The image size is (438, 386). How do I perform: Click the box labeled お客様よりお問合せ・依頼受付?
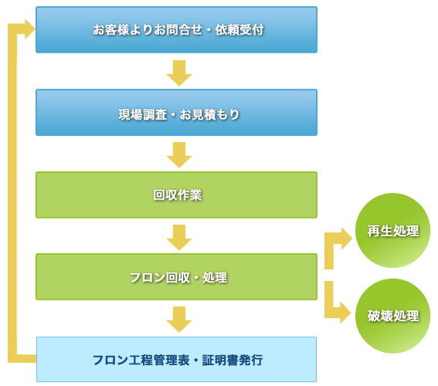point(177,29)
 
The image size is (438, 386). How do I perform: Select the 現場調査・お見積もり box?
point(177,113)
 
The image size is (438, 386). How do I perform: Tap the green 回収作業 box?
point(177,195)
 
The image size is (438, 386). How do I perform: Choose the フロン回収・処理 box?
point(177,277)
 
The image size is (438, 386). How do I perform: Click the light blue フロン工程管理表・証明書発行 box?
point(177,360)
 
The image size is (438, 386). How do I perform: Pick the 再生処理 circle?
point(392,231)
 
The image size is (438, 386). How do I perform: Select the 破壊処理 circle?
point(392,316)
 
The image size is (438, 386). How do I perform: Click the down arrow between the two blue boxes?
point(179,73)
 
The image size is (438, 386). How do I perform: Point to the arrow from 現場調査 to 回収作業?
point(179,155)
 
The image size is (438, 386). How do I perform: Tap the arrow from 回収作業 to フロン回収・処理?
point(179,238)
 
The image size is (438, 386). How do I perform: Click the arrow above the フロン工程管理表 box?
point(179,320)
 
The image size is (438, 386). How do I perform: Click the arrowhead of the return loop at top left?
point(29,29)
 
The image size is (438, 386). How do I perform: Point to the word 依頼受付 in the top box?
point(239,29)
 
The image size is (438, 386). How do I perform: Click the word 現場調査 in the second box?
point(143,115)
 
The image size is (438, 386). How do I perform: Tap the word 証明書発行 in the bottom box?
point(233,360)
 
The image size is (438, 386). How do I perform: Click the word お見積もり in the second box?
point(210,115)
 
